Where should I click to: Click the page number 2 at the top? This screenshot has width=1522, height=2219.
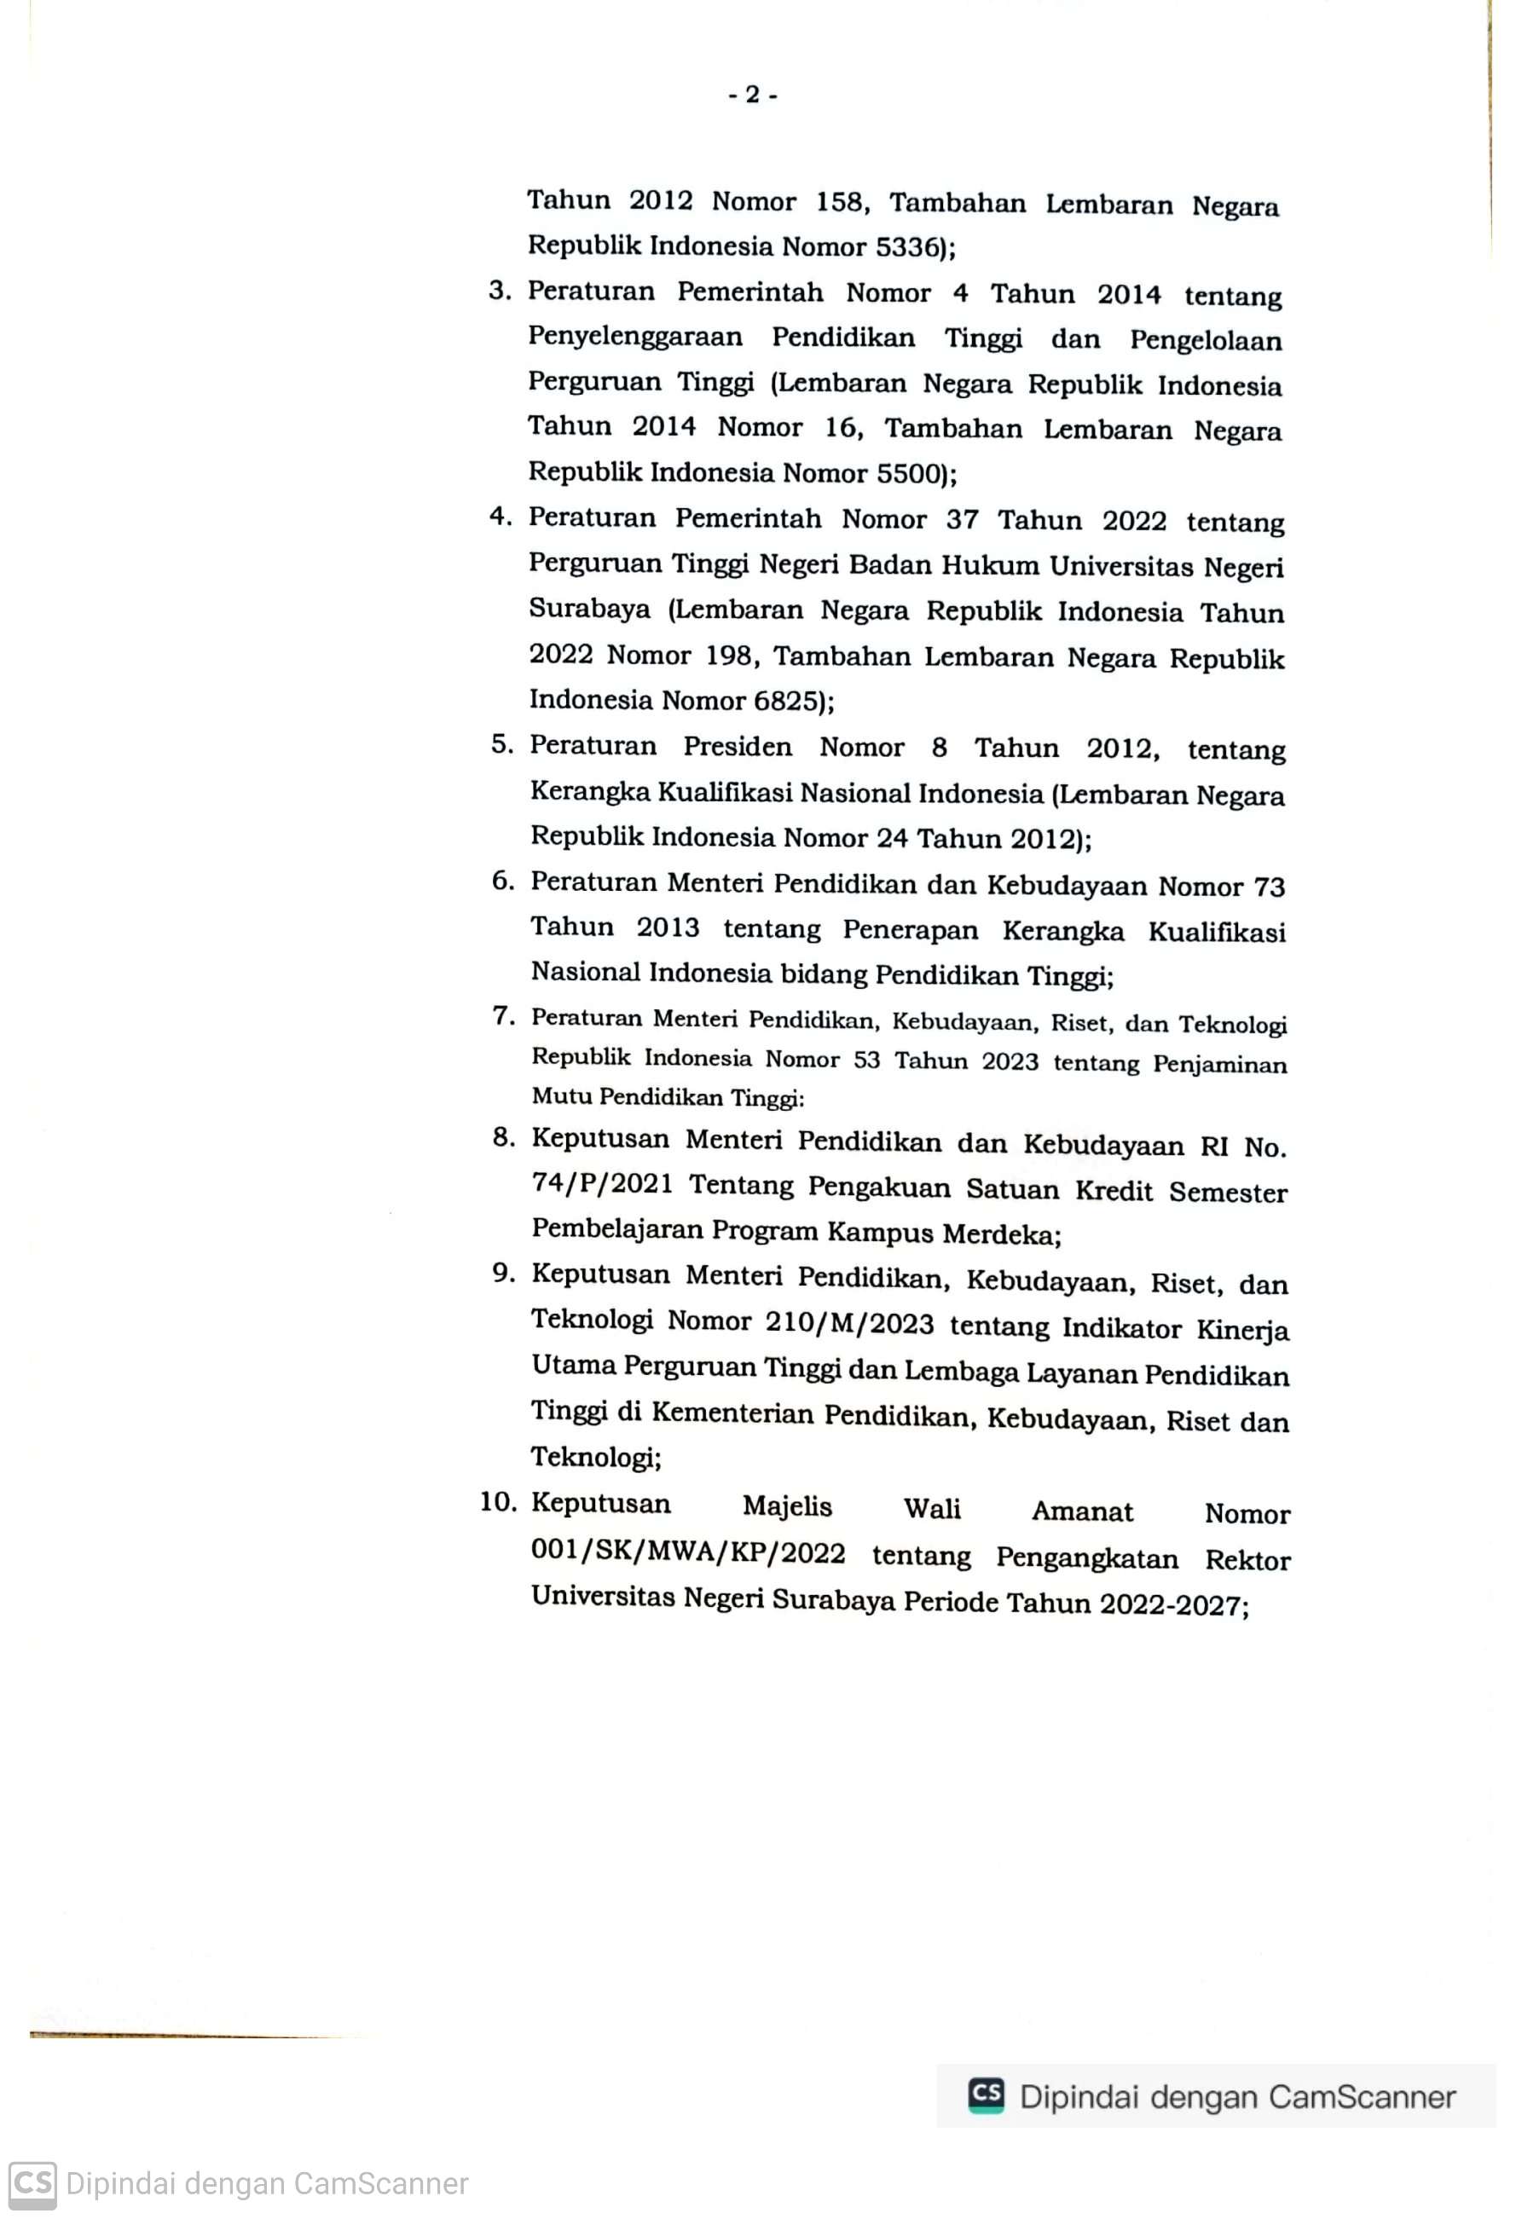point(752,95)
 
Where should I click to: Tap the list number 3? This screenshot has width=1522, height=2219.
point(500,290)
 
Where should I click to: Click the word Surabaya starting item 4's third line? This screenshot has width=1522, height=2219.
point(589,610)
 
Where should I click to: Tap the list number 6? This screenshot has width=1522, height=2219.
point(502,881)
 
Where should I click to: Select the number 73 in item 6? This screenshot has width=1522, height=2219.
point(1269,887)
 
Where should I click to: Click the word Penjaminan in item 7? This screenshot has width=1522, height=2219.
point(1219,1064)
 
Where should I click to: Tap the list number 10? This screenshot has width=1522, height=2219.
point(497,1502)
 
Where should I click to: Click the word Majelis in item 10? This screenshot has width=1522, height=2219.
point(787,1506)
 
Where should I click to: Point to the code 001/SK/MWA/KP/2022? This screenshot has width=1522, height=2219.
point(687,1552)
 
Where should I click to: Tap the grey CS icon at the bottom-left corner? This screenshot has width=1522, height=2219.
point(32,2184)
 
